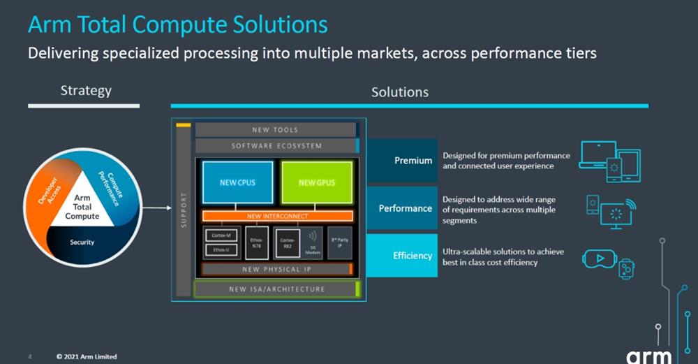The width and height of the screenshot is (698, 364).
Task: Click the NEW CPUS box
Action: [x=237, y=183]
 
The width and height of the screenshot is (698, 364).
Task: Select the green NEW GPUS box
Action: [x=316, y=183]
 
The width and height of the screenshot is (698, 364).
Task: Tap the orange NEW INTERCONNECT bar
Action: [x=277, y=217]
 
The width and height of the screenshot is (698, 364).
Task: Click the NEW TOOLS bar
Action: [x=275, y=130]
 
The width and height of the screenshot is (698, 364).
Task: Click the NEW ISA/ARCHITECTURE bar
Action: [x=276, y=289]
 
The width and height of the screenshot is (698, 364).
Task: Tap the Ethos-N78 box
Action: [x=256, y=242]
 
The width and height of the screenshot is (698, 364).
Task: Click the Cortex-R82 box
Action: [x=287, y=242]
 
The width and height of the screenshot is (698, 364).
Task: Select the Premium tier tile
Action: [x=403, y=161]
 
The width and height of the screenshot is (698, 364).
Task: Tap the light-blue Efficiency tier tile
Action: [x=403, y=256]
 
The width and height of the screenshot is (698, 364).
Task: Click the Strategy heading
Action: [x=86, y=91]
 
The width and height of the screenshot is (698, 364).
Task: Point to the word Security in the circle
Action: [x=82, y=242]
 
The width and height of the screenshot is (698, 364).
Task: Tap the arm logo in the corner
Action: [x=648, y=356]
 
